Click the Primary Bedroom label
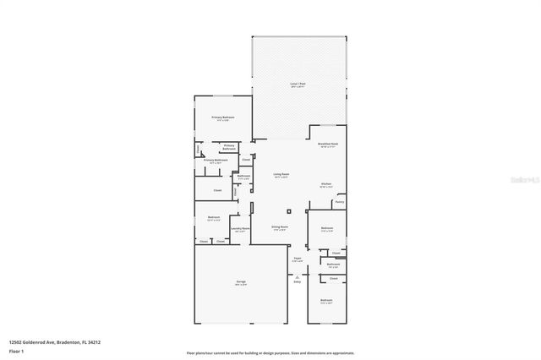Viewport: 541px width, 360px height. coord(223,117)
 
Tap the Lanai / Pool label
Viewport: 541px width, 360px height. coord(298,85)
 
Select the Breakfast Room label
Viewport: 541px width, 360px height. coord(328,144)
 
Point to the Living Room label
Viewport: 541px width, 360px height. coord(281,175)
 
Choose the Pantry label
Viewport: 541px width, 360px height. coord(339,202)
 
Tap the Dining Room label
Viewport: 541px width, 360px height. coord(280,227)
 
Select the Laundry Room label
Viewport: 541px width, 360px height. coord(240,228)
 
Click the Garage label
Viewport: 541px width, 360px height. coord(240,281)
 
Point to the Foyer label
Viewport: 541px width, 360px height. coord(298,259)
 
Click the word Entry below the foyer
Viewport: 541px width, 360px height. coord(298,281)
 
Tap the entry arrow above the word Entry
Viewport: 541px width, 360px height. coord(298,275)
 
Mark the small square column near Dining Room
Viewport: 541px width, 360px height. coord(287,210)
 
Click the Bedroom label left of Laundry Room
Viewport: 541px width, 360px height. coord(214,217)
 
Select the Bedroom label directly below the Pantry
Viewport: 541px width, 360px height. coord(326,228)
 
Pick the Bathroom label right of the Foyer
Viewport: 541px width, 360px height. coord(333,265)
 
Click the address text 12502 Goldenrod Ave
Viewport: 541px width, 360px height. coord(39,343)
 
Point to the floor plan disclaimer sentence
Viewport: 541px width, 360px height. coord(270,352)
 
